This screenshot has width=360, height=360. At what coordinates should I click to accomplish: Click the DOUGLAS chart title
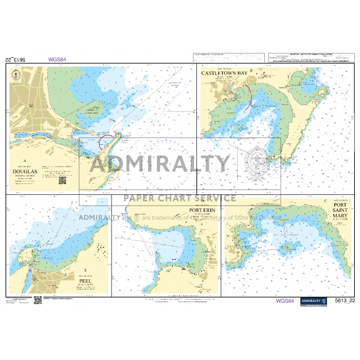click(x=25, y=172)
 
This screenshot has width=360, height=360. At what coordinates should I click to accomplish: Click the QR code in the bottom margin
click(x=38, y=300)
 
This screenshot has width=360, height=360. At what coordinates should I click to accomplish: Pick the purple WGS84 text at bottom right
click(x=285, y=301)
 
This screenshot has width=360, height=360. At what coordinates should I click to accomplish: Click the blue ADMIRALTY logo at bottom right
click(x=314, y=301)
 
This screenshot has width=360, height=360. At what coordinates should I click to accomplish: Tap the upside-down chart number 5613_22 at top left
click(x=15, y=60)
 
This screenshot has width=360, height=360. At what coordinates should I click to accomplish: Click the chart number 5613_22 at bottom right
click(x=344, y=301)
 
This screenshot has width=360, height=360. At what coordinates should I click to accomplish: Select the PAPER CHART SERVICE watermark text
click(x=179, y=198)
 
